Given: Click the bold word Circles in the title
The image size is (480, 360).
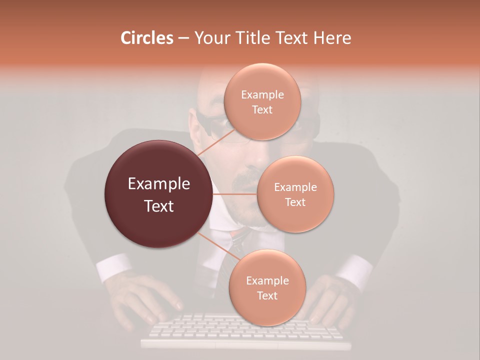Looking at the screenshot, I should pyautogui.click(x=146, y=38).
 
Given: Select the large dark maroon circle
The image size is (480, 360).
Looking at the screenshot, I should pyautogui.click(x=158, y=194).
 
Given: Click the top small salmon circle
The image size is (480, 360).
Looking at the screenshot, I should pyautogui.click(x=262, y=101).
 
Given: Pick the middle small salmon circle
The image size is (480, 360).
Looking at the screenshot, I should pyautogui.click(x=295, y=194).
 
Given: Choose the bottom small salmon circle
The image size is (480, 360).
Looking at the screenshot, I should pyautogui.click(x=267, y=287).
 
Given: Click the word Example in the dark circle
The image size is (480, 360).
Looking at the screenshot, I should pyautogui.click(x=158, y=184).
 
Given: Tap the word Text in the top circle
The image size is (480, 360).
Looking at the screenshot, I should pyautogui.click(x=262, y=109).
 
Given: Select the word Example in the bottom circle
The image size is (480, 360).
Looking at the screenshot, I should pyautogui.click(x=267, y=280).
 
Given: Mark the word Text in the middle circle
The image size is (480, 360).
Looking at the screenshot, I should pyautogui.click(x=295, y=202).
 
